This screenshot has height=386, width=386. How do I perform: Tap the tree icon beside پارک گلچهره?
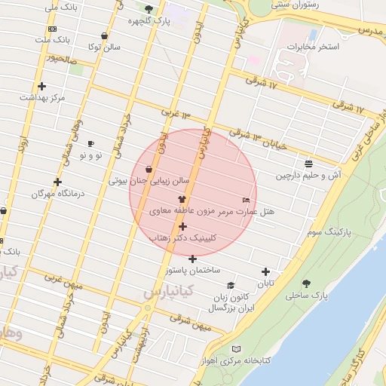[149, 10]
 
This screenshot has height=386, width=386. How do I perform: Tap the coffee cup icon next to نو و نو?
[91, 143]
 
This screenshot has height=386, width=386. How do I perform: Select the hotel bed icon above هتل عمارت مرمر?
[246, 200]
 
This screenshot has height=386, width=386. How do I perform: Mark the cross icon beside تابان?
[265, 272]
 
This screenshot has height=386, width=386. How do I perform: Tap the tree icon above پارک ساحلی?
[306, 283]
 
